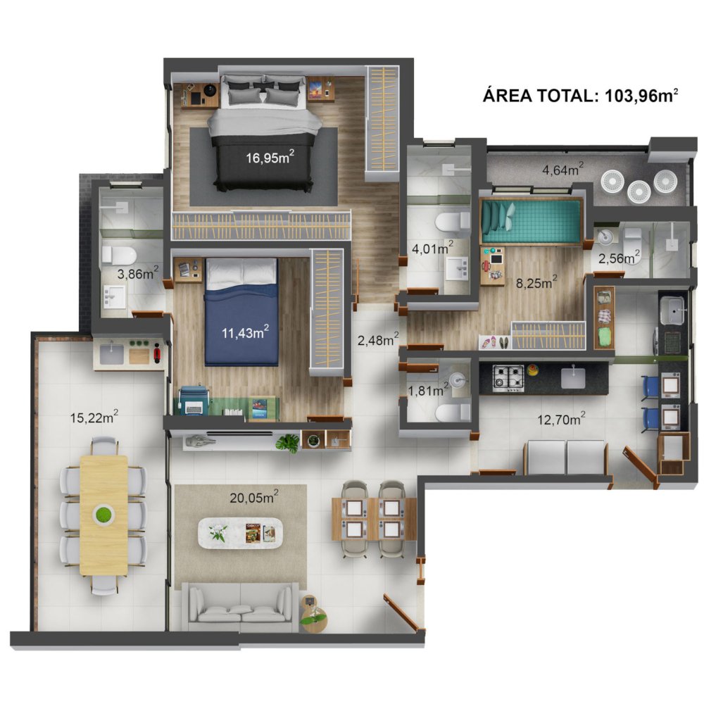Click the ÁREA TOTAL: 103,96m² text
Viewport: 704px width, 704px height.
[580, 95]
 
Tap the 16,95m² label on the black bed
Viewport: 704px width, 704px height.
[270, 157]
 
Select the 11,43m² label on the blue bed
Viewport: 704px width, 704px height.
[245, 332]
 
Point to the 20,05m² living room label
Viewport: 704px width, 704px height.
[254, 497]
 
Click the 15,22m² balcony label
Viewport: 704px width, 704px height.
[94, 417]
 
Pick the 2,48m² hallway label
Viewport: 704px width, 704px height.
[378, 339]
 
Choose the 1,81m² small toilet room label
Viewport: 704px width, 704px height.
[428, 390]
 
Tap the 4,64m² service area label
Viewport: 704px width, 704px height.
[563, 169]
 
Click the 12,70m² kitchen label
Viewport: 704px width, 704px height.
[561, 419]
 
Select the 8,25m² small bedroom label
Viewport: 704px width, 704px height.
[536, 282]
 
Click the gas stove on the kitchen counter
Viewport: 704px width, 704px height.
[508, 377]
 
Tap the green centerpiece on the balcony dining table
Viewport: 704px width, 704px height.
[103, 514]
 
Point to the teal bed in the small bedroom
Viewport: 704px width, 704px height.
[531, 222]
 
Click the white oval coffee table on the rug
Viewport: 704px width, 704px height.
[241, 533]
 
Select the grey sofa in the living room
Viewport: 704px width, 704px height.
[240, 607]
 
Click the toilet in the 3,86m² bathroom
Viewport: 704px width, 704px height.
[118, 256]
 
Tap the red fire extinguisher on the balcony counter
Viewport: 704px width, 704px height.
[157, 353]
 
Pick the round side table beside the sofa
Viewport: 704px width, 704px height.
[313, 613]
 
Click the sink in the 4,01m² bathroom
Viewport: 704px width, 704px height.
[457, 268]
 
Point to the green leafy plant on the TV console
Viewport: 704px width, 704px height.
[288, 443]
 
